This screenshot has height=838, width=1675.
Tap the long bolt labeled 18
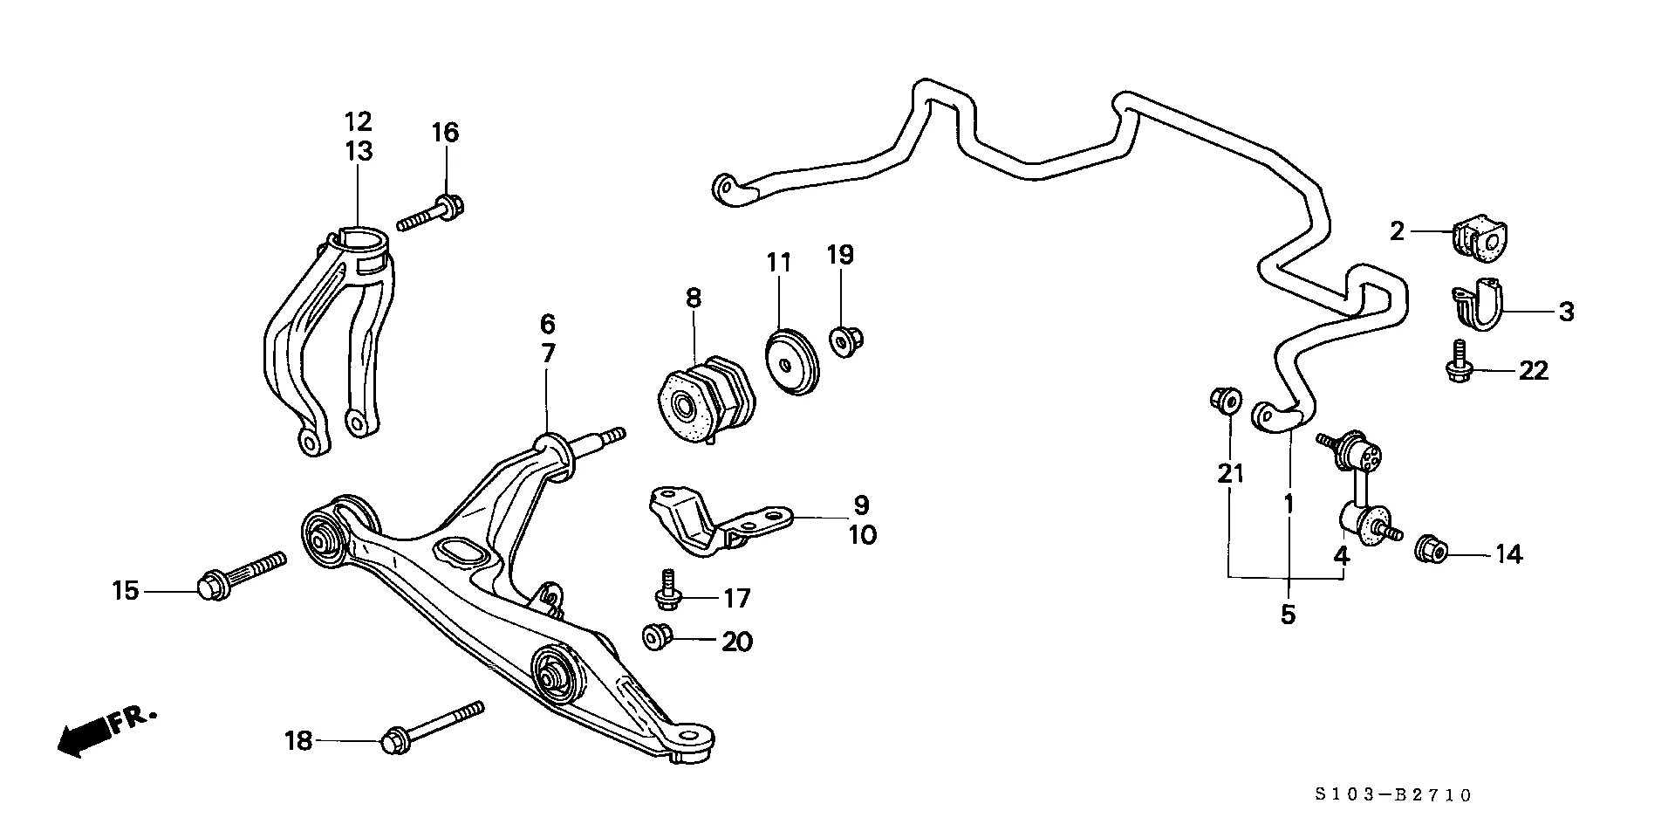point(431,725)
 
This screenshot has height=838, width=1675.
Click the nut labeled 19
point(844,340)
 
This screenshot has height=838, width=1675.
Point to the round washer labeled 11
point(792,361)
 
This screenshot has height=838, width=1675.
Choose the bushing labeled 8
point(705,402)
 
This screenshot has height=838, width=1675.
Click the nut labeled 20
point(657,636)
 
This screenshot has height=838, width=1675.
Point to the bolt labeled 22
point(1458,362)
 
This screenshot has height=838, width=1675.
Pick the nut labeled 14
point(1431,548)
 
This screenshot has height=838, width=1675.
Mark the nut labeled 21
point(1226,402)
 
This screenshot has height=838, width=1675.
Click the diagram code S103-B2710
point(1393,794)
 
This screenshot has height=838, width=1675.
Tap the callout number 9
point(861,505)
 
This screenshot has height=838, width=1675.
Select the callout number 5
point(1289,615)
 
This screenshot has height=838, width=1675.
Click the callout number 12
point(358,121)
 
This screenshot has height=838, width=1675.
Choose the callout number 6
point(547,324)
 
